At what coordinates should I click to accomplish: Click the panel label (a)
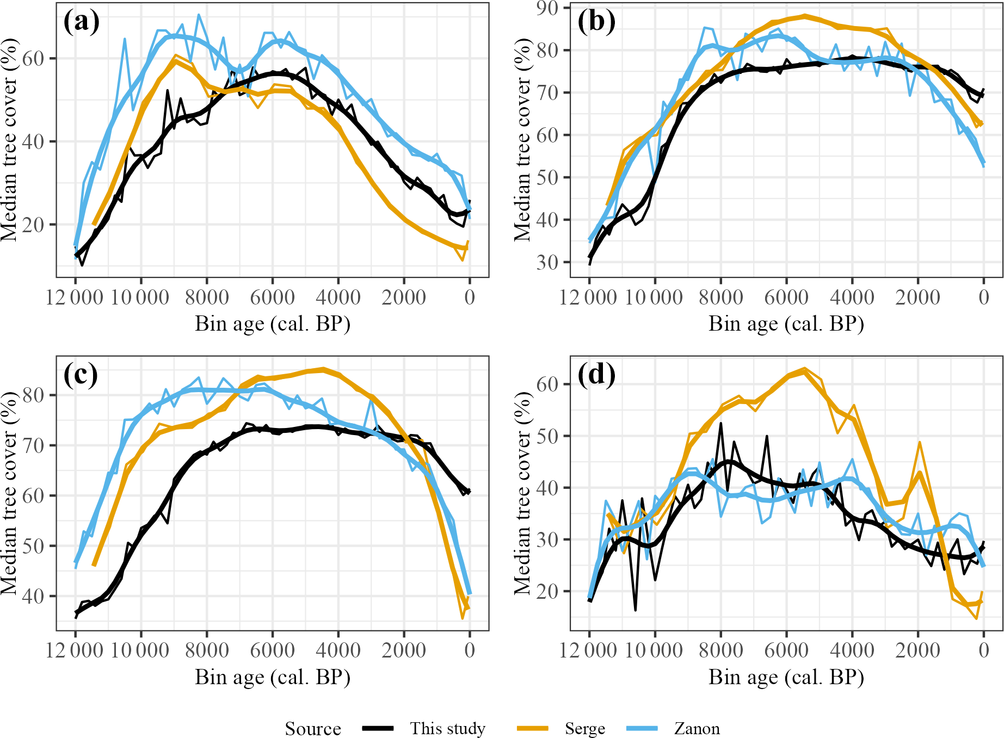[x=82, y=22]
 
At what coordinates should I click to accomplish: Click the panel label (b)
[x=596, y=22]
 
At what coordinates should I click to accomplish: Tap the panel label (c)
[x=81, y=375]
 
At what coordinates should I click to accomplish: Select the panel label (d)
[x=596, y=375]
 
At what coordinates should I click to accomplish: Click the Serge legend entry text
[x=584, y=728]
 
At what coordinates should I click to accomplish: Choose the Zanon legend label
[x=697, y=728]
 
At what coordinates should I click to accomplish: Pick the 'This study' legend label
[x=447, y=728]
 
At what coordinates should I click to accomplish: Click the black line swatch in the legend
[x=378, y=728]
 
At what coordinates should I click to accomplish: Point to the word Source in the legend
[x=313, y=728]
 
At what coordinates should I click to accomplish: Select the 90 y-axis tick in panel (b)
[x=547, y=8]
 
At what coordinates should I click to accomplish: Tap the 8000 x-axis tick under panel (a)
[x=207, y=297]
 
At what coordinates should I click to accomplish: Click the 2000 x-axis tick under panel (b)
[x=918, y=297]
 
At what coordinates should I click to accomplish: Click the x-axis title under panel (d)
[x=786, y=677]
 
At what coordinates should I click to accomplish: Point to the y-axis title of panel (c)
[x=9, y=493]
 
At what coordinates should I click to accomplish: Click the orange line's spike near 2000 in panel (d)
[x=920, y=443]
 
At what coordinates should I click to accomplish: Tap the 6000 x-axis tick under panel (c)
[x=273, y=650]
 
